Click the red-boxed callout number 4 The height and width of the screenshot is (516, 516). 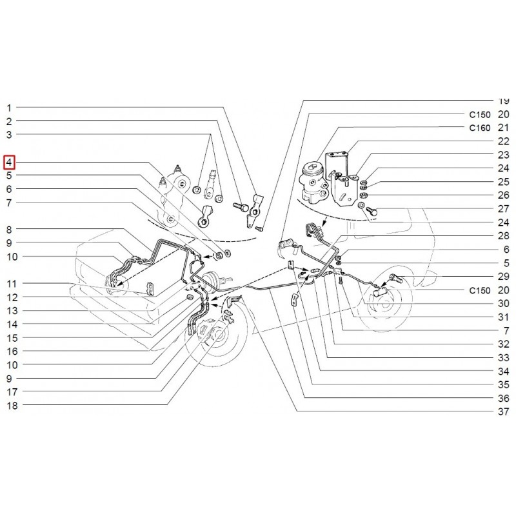(9, 163)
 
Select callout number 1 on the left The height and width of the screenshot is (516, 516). (9, 108)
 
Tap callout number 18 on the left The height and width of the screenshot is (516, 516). (12, 406)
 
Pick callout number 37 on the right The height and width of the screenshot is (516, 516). (504, 412)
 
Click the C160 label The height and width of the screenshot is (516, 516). (480, 128)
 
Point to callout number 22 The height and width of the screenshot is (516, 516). (504, 141)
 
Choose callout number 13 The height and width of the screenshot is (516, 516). (12, 310)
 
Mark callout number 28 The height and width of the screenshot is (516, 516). (504, 235)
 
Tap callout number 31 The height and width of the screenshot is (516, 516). (504, 317)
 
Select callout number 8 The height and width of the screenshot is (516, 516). (9, 230)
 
